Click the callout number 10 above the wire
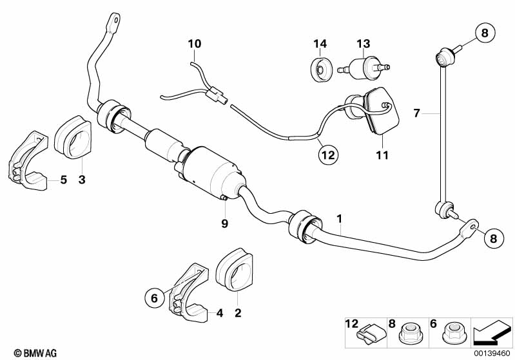pos(195,44)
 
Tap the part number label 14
pos(320,44)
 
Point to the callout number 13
pos(364,44)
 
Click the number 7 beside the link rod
pos(416,113)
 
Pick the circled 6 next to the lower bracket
pos(154,298)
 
